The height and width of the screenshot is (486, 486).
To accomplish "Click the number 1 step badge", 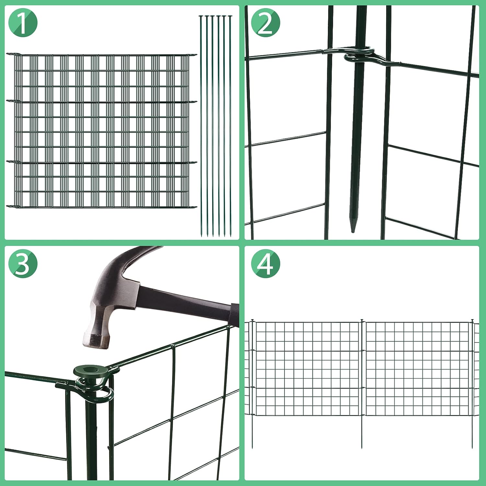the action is [23, 23].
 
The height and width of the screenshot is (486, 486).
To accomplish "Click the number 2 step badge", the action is [266, 23].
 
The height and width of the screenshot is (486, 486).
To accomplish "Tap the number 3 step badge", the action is [23, 264].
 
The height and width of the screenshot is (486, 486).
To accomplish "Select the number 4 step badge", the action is [266, 264].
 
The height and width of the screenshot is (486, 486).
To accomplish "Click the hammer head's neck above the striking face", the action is [100, 311].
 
